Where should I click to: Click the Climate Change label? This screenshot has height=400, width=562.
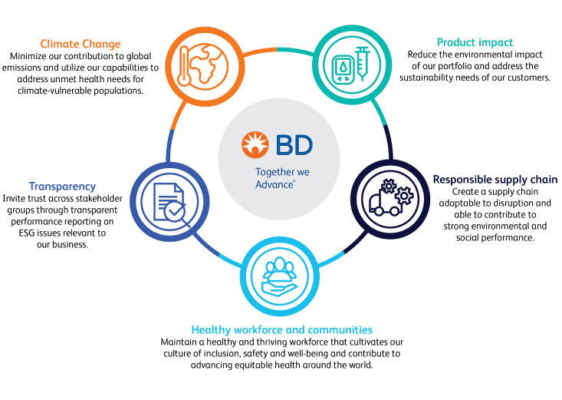coord(81,44)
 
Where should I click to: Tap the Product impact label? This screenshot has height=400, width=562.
coord(475,42)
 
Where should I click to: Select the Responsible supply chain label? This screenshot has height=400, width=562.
coord(495,180)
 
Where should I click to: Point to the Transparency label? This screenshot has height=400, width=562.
coord(62,187)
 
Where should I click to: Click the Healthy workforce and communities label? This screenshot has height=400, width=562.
coord(281,329)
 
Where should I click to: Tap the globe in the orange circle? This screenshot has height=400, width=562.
coord(209,63)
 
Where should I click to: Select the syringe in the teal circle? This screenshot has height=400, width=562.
coord(362,64)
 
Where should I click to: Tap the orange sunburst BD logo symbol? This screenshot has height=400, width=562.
coord(255,144)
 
